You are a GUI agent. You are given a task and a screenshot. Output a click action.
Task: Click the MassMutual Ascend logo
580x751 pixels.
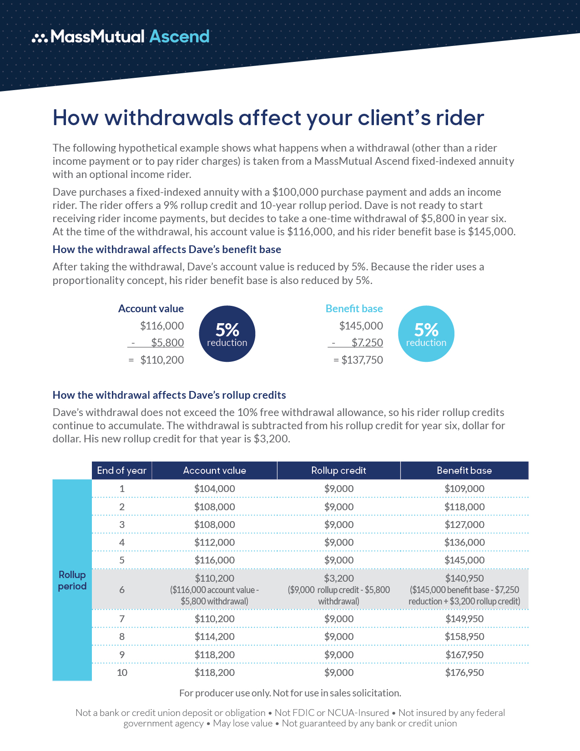121,36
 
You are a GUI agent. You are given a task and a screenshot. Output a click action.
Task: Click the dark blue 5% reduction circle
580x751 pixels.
227,334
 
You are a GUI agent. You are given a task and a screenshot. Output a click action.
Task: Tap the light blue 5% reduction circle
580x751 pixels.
426,334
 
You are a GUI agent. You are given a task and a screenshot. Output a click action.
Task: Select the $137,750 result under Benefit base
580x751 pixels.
362,360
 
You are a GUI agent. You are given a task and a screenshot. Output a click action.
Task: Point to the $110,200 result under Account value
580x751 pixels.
162,360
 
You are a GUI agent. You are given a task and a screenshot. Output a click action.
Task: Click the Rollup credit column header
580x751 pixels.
338,471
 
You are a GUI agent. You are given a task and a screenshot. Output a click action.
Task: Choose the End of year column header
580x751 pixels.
121,471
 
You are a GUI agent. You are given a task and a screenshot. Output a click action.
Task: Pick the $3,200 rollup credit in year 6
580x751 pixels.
339,578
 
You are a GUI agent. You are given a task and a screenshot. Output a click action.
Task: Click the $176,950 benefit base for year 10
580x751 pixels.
464,673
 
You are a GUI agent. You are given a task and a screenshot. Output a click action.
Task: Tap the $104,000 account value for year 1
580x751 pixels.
215,489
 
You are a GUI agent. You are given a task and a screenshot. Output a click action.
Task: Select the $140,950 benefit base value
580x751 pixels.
464,578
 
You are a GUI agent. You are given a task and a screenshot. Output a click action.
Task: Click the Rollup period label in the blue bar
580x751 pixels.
72,580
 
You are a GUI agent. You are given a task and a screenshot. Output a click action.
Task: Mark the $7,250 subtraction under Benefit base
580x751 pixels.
367,343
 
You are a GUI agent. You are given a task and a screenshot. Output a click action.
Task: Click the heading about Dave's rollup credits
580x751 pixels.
169,395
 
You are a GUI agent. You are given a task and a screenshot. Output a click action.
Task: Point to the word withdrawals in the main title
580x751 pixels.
169,118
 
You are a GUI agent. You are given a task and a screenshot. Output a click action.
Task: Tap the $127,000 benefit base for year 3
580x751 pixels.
464,525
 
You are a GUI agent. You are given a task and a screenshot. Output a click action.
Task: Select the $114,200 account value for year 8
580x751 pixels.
215,637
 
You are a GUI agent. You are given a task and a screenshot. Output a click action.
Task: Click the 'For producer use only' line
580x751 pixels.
290,693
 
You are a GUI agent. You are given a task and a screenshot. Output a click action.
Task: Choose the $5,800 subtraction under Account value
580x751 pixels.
167,343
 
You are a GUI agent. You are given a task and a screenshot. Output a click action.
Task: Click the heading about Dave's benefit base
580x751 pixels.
167,249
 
